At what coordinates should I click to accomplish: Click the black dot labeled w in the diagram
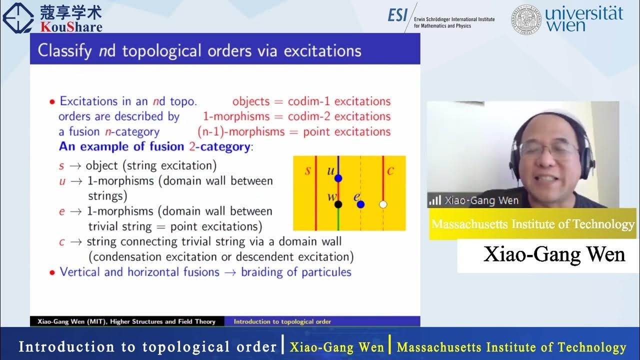click(338, 204)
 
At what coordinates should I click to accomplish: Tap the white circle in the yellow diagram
click(383, 204)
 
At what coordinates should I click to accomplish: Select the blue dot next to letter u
click(338, 178)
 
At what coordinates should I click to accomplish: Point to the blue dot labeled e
click(360, 204)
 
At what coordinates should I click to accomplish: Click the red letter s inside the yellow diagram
click(307, 170)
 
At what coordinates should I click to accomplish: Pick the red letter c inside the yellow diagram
click(390, 170)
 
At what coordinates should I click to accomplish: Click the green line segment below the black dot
click(338, 220)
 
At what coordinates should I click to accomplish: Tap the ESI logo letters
click(398, 15)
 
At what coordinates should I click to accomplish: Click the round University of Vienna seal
click(526, 20)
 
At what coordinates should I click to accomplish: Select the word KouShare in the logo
click(71, 26)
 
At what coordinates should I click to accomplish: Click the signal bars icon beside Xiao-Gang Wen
click(435, 200)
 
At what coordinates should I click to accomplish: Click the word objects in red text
click(251, 101)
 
